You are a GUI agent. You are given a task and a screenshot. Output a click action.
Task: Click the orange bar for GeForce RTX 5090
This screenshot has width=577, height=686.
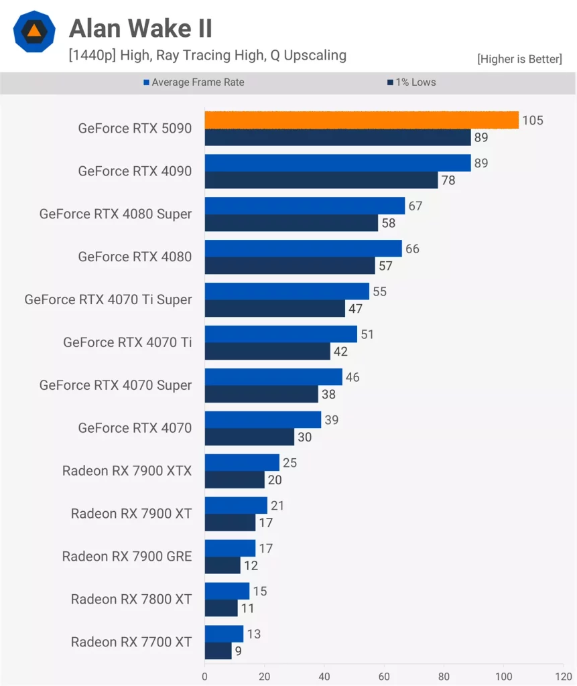(361, 120)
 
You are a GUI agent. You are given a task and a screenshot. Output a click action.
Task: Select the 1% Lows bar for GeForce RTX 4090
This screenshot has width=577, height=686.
(321, 180)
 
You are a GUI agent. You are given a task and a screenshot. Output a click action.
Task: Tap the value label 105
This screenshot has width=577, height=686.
(533, 121)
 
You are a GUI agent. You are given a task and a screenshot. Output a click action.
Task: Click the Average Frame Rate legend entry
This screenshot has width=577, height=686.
(194, 82)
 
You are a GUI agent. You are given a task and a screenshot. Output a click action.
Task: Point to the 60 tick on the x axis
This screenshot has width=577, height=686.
(385, 677)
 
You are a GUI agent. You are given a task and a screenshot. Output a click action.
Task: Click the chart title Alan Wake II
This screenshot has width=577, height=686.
(141, 28)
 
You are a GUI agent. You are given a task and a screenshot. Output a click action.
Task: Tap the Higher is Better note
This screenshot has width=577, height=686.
(519, 59)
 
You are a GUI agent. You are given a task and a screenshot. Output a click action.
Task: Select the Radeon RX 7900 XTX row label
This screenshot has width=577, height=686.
(127, 471)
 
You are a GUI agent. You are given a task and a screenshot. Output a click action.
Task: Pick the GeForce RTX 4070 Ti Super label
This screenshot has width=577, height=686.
(108, 299)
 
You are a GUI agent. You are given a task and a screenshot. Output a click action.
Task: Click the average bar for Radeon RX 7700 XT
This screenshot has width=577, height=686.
(224, 634)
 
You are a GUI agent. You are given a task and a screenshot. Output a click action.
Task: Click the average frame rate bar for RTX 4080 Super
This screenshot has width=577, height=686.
(305, 206)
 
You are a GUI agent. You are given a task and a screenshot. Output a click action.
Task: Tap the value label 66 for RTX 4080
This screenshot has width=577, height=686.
(413, 249)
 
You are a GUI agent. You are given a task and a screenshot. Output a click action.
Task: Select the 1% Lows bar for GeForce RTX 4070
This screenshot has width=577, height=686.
(249, 437)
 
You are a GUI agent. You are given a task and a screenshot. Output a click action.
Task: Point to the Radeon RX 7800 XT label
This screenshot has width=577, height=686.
(131, 600)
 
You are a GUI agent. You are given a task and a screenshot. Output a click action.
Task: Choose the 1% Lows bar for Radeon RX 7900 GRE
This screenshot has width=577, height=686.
(222, 565)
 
